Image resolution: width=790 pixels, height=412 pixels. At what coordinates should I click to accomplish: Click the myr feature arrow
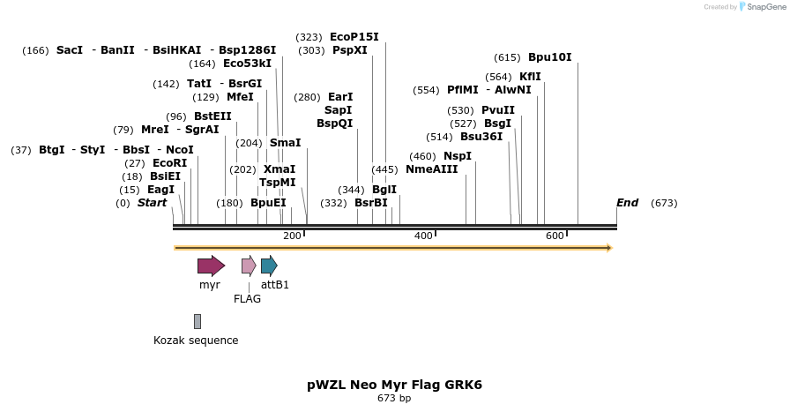211,266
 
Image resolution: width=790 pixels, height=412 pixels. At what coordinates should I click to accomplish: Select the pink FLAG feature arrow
249,266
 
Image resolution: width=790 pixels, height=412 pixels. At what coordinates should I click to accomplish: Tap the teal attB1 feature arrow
269,266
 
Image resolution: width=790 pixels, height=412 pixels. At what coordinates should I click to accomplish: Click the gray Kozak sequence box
197,321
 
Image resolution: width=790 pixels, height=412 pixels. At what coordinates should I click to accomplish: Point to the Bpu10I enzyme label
549,57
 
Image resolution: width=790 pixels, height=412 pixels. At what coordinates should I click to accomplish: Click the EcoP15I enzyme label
354,37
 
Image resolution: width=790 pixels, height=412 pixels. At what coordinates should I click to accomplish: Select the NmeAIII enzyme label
431,169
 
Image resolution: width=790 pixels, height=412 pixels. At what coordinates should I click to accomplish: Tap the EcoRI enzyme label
169,163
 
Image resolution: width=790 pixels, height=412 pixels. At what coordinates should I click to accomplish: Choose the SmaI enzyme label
285,143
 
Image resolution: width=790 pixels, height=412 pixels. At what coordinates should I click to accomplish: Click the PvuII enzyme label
497,110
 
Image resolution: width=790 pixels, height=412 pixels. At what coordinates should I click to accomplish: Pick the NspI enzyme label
457,156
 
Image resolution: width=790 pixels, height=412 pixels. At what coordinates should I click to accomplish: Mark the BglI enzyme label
384,190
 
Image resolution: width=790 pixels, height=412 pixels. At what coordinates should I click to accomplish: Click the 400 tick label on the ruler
423,236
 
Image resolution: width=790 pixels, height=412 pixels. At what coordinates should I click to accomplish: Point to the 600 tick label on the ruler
555,236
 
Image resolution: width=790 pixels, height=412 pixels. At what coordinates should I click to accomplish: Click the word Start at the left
152,203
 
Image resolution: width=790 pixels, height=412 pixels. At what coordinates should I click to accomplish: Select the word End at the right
627,203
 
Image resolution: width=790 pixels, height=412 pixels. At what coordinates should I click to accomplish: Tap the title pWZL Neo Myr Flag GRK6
394,385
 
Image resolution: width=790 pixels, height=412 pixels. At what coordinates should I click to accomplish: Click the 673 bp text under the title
394,399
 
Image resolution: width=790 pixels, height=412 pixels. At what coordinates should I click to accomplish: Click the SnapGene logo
763,7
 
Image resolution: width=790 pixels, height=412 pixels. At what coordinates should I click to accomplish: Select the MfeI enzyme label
240,97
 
